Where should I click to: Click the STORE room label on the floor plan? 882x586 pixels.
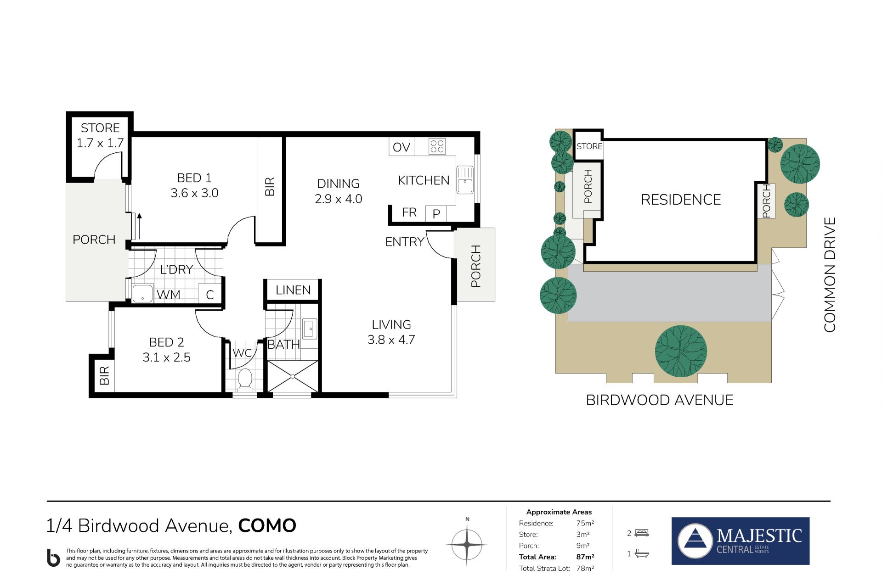(100, 128)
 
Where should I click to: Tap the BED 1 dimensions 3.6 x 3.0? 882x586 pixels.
(194, 193)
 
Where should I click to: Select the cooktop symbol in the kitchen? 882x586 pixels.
(436, 146)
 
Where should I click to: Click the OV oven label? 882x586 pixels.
(401, 147)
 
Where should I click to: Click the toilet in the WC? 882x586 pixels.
(245, 379)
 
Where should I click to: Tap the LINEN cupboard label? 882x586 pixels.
(293, 290)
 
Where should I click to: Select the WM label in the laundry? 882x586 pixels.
(168, 294)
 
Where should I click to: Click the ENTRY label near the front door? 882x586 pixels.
(405, 241)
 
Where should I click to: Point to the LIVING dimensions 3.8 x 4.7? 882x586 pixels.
(391, 340)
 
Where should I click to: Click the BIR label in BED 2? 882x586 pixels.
(104, 375)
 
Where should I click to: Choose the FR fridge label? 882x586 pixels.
(409, 212)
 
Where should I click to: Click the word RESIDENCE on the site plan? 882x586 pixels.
(681, 200)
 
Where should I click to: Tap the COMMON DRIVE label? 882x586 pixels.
(830, 274)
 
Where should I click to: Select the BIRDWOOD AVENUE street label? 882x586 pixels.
(660, 400)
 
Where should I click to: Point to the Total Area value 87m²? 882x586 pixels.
(585, 557)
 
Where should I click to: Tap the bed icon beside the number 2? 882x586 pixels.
(641, 533)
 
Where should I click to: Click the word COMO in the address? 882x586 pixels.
(267, 525)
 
